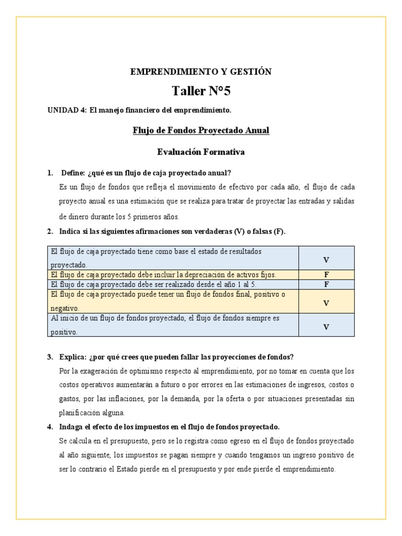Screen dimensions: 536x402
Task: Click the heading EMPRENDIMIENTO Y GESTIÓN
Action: pyautogui.click(x=201, y=72)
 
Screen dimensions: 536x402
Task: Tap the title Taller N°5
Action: pyautogui.click(x=201, y=92)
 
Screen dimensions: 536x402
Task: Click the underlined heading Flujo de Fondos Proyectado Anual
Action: pyautogui.click(x=201, y=130)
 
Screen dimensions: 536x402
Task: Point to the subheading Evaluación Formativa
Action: pyautogui.click(x=201, y=152)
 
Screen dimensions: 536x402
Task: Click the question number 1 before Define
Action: pyautogui.click(x=50, y=173)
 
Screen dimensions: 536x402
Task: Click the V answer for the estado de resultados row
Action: pyautogui.click(x=326, y=260)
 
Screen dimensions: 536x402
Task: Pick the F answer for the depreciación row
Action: pyautogui.click(x=326, y=274)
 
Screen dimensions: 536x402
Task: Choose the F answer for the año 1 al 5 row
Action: pyautogui.click(x=326, y=285)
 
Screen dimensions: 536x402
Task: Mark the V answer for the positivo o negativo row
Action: pyautogui.click(x=326, y=303)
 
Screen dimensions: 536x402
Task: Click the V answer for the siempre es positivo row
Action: pyautogui.click(x=326, y=327)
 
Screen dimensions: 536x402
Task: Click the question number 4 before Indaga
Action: pyautogui.click(x=50, y=426)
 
